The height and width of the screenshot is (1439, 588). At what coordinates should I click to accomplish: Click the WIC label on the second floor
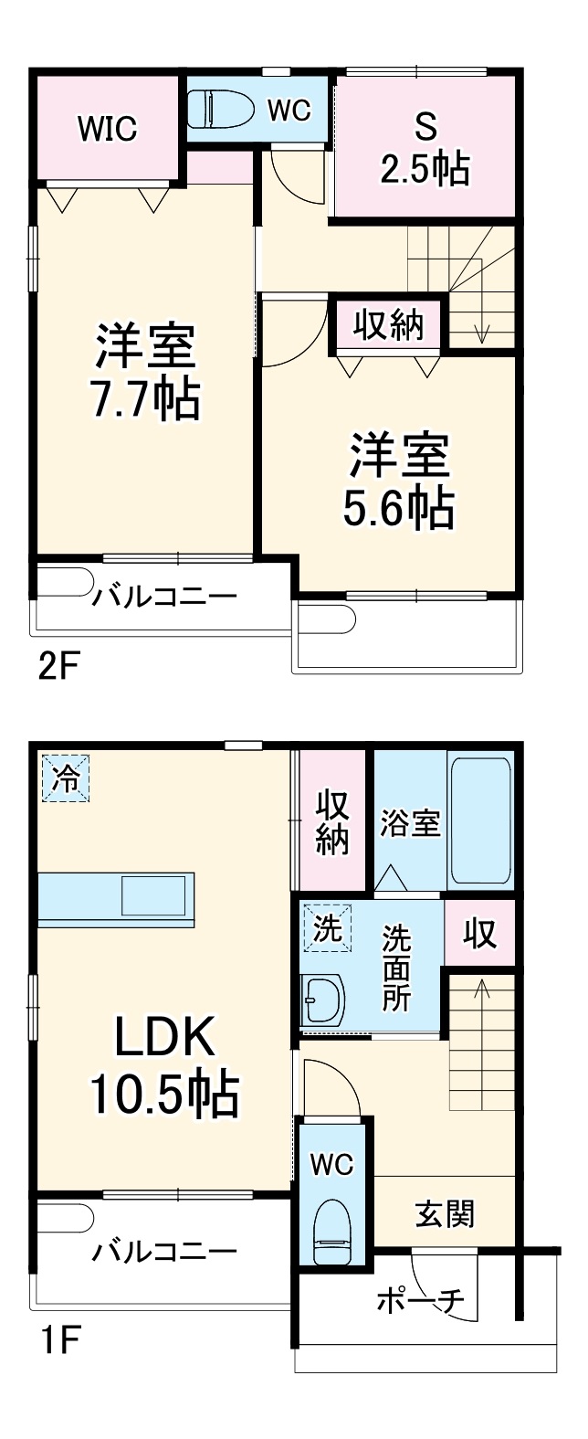pyautogui.click(x=107, y=129)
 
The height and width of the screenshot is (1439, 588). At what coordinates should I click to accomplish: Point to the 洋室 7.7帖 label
pyautogui.click(x=145, y=371)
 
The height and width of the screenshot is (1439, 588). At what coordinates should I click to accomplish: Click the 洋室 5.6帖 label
pyautogui.click(x=399, y=481)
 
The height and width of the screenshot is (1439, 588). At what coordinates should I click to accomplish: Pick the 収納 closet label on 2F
pyautogui.click(x=389, y=324)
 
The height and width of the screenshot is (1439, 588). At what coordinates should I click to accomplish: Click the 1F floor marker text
pyautogui.click(x=58, y=1343)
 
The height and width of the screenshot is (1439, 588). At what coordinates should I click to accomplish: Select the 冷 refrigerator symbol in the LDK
pyautogui.click(x=65, y=778)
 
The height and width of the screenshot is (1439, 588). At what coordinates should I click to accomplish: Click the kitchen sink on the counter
pyautogui.click(x=154, y=895)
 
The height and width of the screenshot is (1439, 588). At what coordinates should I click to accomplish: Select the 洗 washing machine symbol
pyautogui.click(x=327, y=928)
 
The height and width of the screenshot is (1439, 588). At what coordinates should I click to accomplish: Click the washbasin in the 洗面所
pyautogui.click(x=322, y=1001)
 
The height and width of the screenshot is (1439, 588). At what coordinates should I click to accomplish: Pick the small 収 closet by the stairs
pyautogui.click(x=480, y=934)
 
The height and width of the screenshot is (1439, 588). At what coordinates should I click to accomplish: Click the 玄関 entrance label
pyautogui.click(x=445, y=1214)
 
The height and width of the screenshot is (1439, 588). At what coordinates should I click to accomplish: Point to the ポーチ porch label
pyautogui.click(x=420, y=1299)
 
